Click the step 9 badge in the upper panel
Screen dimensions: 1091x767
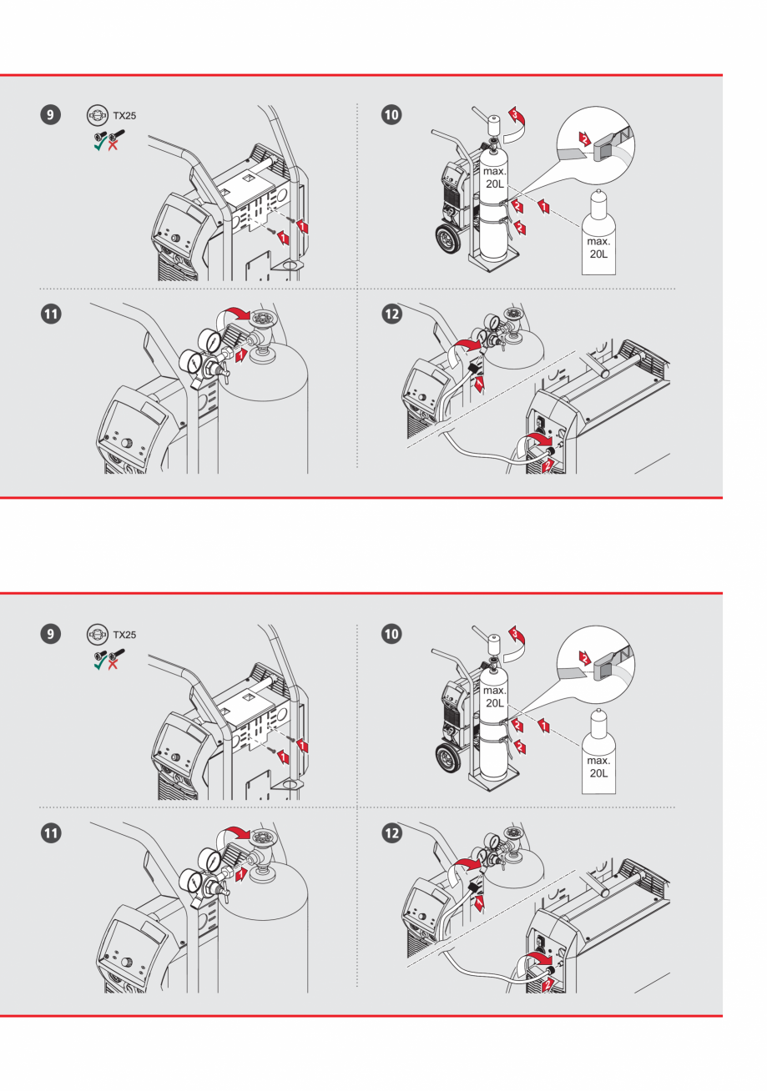(52, 115)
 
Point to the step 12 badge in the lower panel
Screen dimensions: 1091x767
(390, 832)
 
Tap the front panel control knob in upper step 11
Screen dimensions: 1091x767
(128, 443)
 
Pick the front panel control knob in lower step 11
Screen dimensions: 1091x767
(128, 962)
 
